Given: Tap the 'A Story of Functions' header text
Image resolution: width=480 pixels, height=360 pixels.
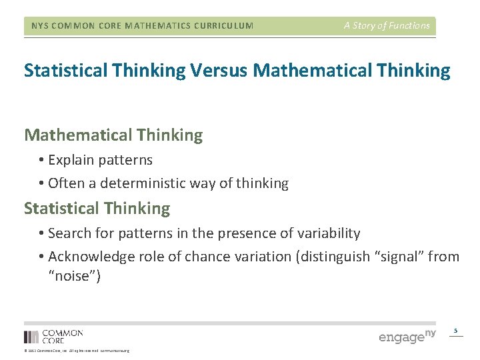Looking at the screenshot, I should pos(387,26).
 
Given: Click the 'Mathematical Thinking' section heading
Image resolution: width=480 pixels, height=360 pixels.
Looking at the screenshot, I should pos(113,135).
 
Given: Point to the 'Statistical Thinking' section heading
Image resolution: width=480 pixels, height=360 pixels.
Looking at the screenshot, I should pos(97,209).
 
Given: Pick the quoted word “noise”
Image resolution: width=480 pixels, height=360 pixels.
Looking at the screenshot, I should pos(75,276).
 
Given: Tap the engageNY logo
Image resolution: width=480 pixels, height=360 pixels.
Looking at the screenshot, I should pos(407,336).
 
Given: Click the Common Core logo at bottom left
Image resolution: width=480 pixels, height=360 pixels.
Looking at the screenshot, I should pos(53,336).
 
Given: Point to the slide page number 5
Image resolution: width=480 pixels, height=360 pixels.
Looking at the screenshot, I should pos(456,331).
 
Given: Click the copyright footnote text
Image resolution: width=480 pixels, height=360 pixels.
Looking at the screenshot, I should pos(77,351).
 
